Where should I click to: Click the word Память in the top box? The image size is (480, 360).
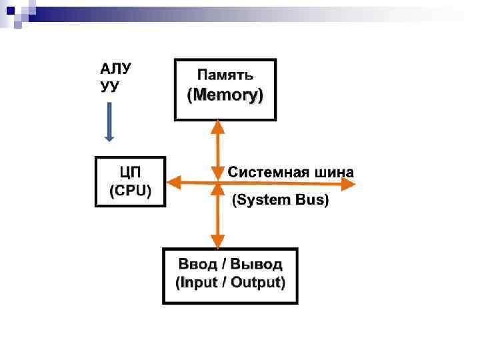coord(225,74)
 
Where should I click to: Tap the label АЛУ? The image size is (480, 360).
coord(115,69)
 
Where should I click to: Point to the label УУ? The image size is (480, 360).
coord(109,87)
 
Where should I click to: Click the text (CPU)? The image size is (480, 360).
coord(131,190)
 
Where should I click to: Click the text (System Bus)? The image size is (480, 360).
coord(280,200)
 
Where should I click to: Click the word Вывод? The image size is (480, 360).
coord(257,265)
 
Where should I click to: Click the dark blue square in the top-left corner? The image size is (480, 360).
coord(10,9)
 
